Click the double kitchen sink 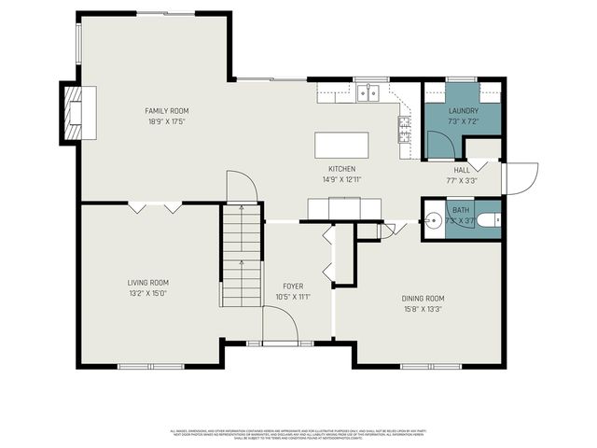[x=368, y=92]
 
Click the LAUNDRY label [x=463, y=111]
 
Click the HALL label [x=462, y=171]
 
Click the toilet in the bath [x=489, y=221]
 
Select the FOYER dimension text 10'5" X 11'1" [x=292, y=297]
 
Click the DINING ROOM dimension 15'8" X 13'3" [x=423, y=309]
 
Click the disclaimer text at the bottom [x=298, y=433]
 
